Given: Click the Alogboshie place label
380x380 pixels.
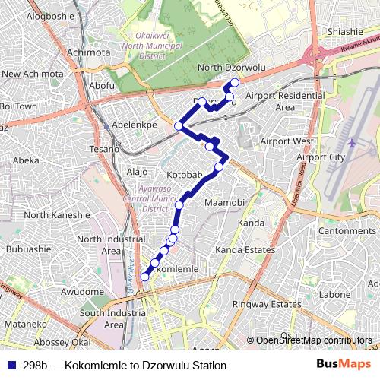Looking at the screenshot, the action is (52, 15).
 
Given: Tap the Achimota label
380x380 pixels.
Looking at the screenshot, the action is (88, 52).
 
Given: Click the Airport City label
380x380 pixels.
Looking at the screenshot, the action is (321, 157).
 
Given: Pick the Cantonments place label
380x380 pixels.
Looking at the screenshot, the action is (347, 230).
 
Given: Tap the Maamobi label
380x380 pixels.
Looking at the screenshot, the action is (224, 203).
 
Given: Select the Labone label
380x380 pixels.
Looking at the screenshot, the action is (334, 294).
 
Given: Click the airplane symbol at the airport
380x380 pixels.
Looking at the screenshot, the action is (353, 142).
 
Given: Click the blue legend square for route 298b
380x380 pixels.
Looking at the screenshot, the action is (10, 366).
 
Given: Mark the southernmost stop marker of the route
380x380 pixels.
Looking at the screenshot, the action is (145, 277).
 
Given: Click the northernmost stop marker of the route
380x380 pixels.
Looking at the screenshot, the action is (235, 82).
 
